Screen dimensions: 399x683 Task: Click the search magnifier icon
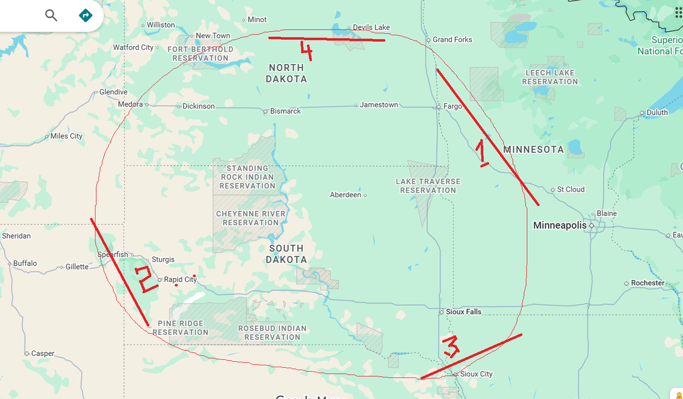(x=51, y=15)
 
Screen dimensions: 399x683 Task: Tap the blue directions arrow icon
(x=85, y=15)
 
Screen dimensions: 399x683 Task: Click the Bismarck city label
(x=285, y=111)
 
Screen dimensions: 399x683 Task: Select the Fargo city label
(x=452, y=106)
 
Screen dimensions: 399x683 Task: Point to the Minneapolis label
(x=559, y=226)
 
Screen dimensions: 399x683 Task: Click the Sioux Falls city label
(x=463, y=312)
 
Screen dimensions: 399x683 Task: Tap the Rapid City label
(x=180, y=280)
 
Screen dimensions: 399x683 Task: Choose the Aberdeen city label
(x=345, y=195)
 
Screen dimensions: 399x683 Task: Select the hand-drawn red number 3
(x=451, y=346)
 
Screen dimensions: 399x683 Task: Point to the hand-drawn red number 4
(x=306, y=52)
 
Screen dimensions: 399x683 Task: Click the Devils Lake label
(x=371, y=27)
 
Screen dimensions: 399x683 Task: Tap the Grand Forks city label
(x=452, y=40)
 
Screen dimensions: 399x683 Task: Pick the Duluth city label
(x=657, y=113)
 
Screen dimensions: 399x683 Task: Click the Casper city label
(x=43, y=354)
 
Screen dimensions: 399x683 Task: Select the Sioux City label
(x=476, y=374)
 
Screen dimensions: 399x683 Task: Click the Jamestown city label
(x=378, y=105)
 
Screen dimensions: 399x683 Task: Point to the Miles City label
(x=66, y=136)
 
